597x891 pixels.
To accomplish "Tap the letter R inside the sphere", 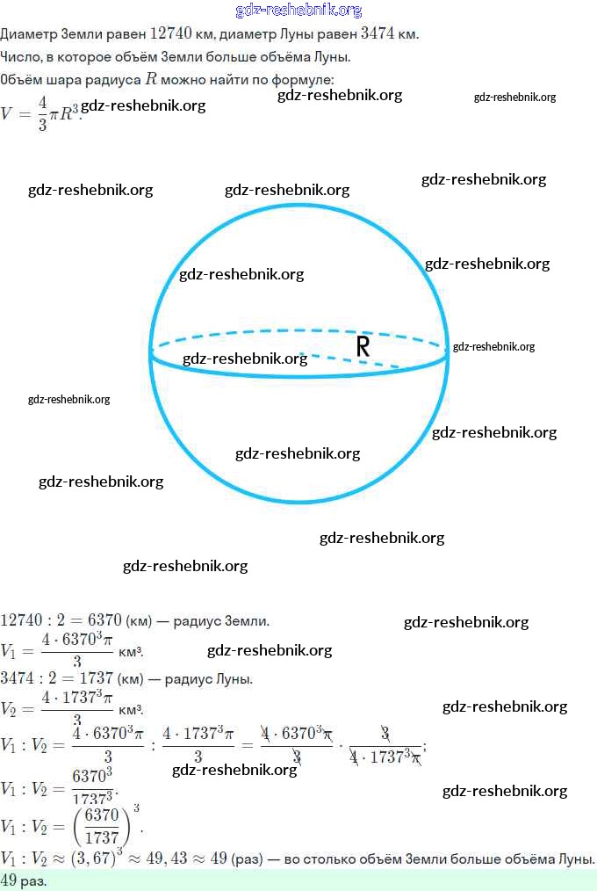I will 363,347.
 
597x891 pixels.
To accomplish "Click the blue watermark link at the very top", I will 298,11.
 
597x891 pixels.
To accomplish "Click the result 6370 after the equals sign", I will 104,621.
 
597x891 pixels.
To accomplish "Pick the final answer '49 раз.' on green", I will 23,880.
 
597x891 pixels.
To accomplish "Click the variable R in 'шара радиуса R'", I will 151,79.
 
